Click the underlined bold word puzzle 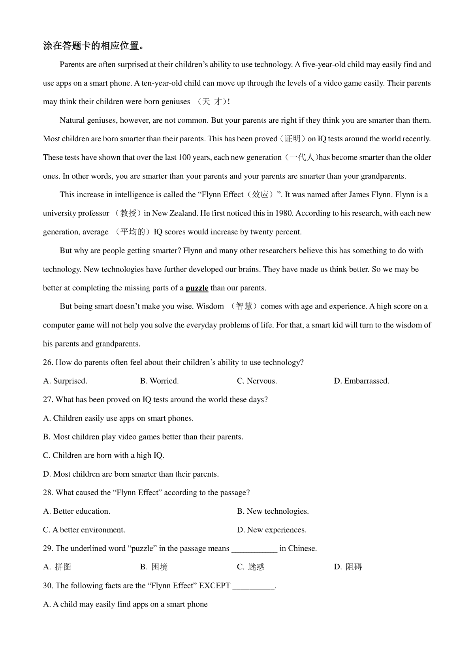[197, 288]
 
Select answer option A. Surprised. [65, 381]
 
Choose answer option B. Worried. [159, 381]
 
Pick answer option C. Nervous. [257, 381]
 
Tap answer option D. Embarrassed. [361, 381]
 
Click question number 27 [48, 400]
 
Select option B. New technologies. [273, 511]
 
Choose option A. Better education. [77, 511]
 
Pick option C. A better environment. [84, 530]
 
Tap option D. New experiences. [271, 530]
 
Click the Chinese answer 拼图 [63, 567]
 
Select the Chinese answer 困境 [160, 567]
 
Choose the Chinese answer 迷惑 [256, 567]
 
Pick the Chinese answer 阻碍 [354, 567]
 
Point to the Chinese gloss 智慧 [244, 307]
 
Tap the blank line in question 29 [254, 549]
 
